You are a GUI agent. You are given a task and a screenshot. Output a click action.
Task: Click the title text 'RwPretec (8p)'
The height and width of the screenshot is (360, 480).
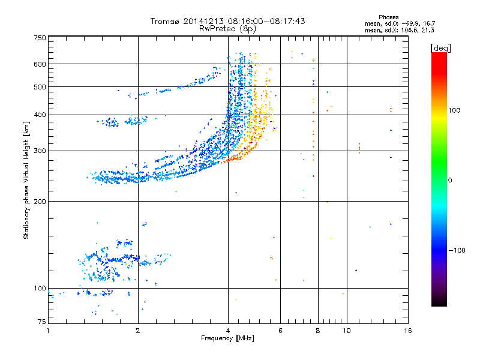227,28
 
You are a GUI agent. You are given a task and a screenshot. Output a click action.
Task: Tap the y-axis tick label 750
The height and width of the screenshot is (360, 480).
40,38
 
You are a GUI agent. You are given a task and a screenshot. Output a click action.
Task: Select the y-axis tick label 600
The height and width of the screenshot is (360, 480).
40,64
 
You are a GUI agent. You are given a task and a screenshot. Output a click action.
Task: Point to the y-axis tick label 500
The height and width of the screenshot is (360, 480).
40,87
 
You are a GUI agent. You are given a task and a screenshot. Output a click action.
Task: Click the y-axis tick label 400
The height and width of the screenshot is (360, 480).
40,115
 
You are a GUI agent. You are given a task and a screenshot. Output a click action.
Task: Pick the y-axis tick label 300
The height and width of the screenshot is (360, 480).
40,151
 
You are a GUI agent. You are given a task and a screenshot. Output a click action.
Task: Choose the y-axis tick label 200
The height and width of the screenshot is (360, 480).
40,201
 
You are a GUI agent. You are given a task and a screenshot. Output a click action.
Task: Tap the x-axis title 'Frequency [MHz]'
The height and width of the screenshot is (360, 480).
227,338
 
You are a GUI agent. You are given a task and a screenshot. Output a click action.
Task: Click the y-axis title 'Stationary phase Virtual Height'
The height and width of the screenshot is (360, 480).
26,180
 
